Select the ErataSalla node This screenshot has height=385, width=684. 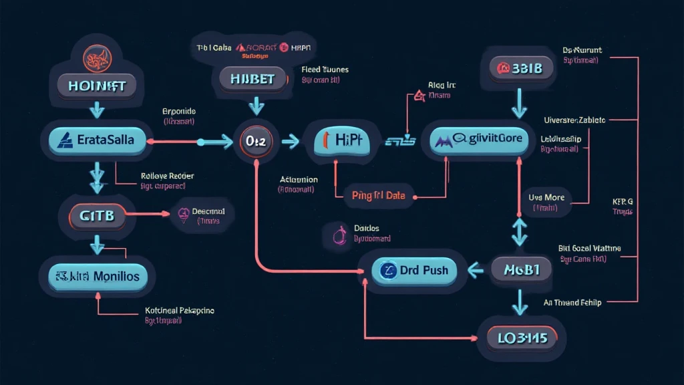pos(97,140)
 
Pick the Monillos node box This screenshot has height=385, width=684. pos(98,275)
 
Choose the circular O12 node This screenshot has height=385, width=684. pos(256,141)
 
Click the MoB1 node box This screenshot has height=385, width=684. pos(522,269)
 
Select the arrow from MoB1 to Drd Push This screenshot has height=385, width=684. pos(476,269)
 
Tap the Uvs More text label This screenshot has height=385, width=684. pos(546,198)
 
